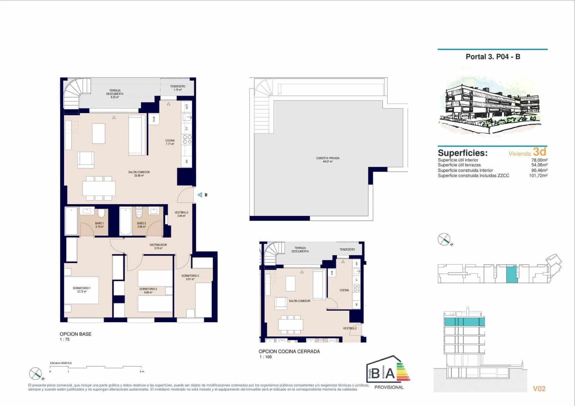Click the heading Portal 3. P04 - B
pos(493,56)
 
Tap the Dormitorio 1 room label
pos(82,290)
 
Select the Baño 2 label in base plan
pos(141,225)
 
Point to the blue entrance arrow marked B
pos(200,195)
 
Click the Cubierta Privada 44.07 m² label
pos(327,160)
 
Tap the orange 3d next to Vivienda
pos(540,152)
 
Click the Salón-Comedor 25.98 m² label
pos(139,174)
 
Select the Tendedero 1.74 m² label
pos(178,88)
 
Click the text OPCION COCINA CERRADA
pos(289,351)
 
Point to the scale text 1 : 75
pos(65,339)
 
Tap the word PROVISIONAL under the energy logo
pos(389,387)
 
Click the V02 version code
pos(539,389)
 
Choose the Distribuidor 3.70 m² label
pos(158,246)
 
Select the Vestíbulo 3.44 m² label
pos(181,214)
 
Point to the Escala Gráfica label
pos(61,363)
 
